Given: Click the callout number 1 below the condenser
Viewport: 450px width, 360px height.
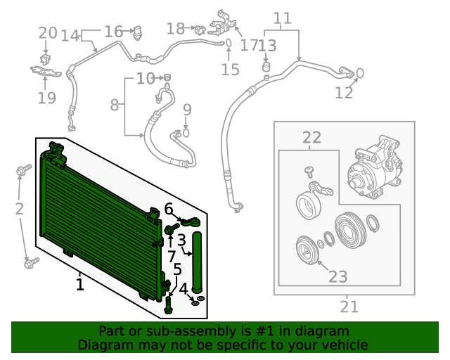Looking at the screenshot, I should click(80, 285).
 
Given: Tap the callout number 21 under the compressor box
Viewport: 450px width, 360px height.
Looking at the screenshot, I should click(349, 307).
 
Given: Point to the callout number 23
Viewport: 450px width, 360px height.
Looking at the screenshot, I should click(338, 276).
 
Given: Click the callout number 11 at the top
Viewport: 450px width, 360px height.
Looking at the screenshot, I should click(282, 18).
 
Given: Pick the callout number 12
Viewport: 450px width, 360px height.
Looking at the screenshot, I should click(344, 93).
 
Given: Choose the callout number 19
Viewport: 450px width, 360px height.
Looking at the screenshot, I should click(46, 98).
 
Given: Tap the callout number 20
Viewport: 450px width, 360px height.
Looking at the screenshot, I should click(47, 32).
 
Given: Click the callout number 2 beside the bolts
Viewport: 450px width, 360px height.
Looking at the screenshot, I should click(19, 208).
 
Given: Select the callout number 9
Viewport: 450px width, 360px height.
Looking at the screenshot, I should click(187, 109).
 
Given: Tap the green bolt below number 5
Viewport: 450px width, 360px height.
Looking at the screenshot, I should click(169, 304).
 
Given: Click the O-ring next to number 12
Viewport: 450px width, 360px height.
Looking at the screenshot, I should click(359, 72).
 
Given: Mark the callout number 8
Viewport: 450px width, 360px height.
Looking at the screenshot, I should click(115, 105).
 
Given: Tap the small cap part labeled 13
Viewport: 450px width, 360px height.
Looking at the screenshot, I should click(266, 67).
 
